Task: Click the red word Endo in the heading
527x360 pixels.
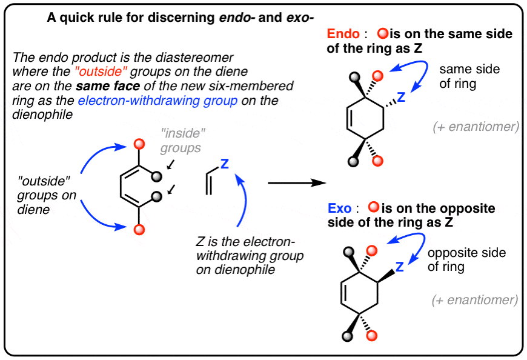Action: click(x=343, y=34)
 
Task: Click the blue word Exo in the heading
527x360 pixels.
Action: click(x=339, y=208)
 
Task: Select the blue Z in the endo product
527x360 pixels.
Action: click(x=401, y=97)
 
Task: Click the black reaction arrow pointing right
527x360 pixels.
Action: click(x=294, y=182)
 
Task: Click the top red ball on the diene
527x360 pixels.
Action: click(x=139, y=144)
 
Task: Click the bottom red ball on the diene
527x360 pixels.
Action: click(x=139, y=229)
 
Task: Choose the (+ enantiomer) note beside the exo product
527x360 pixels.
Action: click(x=476, y=299)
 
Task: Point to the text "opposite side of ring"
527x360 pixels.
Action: click(x=465, y=259)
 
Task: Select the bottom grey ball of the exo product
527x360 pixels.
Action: click(x=348, y=335)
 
